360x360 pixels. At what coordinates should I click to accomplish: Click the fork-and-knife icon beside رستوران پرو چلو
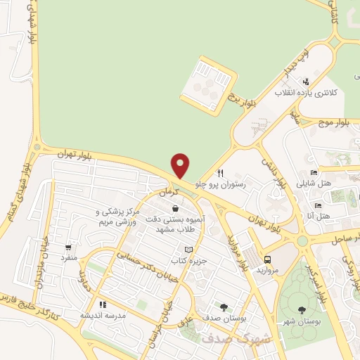221,173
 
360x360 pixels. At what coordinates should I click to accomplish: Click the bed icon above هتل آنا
318,205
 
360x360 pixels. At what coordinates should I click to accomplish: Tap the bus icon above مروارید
266,258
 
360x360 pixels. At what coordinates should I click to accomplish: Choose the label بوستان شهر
302,321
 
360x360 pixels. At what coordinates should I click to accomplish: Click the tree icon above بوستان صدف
224,306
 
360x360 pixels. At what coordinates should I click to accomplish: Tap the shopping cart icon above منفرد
68,247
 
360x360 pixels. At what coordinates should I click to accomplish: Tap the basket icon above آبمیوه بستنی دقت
174,209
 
